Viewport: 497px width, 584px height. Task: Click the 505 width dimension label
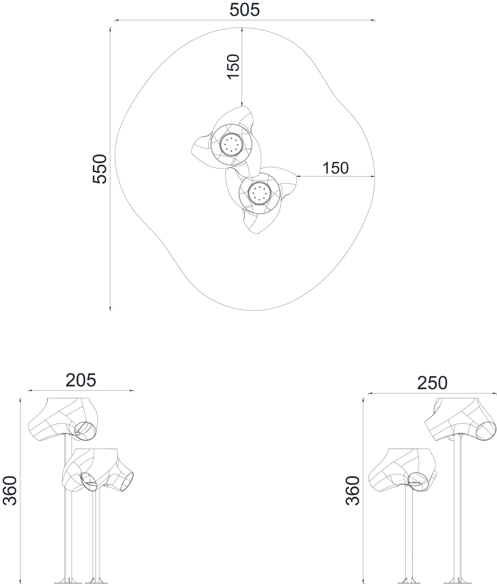[x=245, y=10]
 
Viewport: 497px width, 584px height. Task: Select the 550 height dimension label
[x=100, y=169]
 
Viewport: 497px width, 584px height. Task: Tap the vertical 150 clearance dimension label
[x=233, y=67]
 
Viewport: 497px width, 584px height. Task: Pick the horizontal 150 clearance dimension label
[x=335, y=168]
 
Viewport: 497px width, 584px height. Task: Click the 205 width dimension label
[x=81, y=380]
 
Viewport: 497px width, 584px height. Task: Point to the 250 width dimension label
[x=432, y=383]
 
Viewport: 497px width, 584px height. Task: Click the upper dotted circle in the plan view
[x=231, y=144]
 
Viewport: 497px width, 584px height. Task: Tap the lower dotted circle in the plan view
[x=259, y=193]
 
